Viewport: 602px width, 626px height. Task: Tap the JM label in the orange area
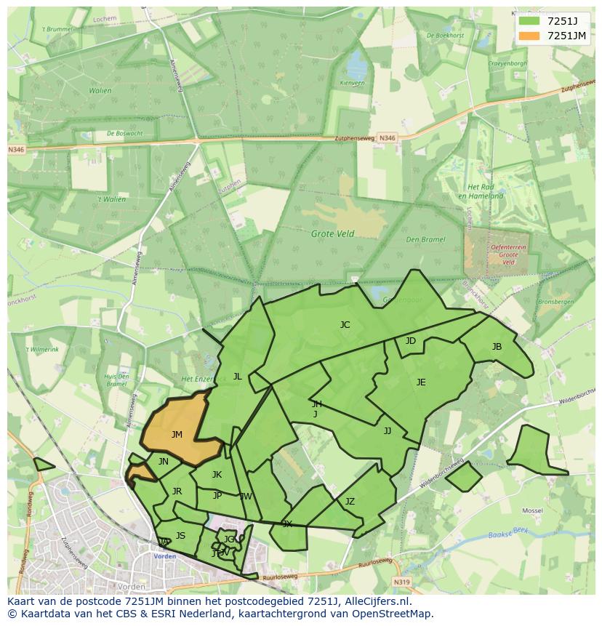click(177, 435)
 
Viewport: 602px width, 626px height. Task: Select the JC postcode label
click(345, 325)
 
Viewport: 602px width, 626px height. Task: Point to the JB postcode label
click(497, 347)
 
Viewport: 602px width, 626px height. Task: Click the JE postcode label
click(421, 382)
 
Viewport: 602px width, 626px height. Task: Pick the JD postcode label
click(411, 341)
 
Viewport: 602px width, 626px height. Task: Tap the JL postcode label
click(237, 377)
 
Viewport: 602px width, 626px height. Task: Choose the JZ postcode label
click(350, 502)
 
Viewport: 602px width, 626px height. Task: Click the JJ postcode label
click(388, 431)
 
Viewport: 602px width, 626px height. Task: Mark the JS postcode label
click(180, 536)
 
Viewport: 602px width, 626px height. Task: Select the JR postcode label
click(177, 491)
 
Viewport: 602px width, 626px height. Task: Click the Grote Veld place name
click(333, 234)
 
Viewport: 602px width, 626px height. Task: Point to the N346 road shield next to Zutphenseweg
click(388, 138)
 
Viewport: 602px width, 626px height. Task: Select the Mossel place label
click(533, 511)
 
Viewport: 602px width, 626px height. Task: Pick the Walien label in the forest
click(100, 91)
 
